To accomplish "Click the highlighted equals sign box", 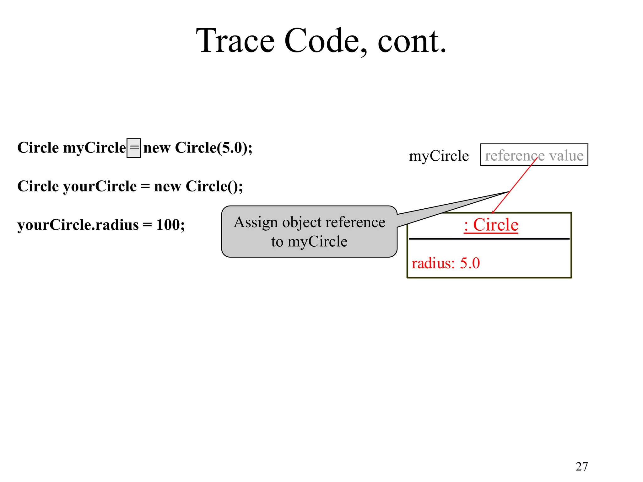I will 134,148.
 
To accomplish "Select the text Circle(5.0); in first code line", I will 213,148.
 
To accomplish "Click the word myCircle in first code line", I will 94,148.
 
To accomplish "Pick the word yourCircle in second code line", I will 100,186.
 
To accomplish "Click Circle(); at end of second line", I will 214,186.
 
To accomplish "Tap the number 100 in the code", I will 168,225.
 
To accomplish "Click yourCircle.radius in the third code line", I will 78,225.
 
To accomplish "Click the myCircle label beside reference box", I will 439,156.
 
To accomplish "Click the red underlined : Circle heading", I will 491,225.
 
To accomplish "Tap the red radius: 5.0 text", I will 446,263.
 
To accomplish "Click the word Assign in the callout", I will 256,222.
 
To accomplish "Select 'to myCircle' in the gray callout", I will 309,242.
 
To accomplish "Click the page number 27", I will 581,467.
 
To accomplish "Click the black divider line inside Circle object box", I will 489,239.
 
